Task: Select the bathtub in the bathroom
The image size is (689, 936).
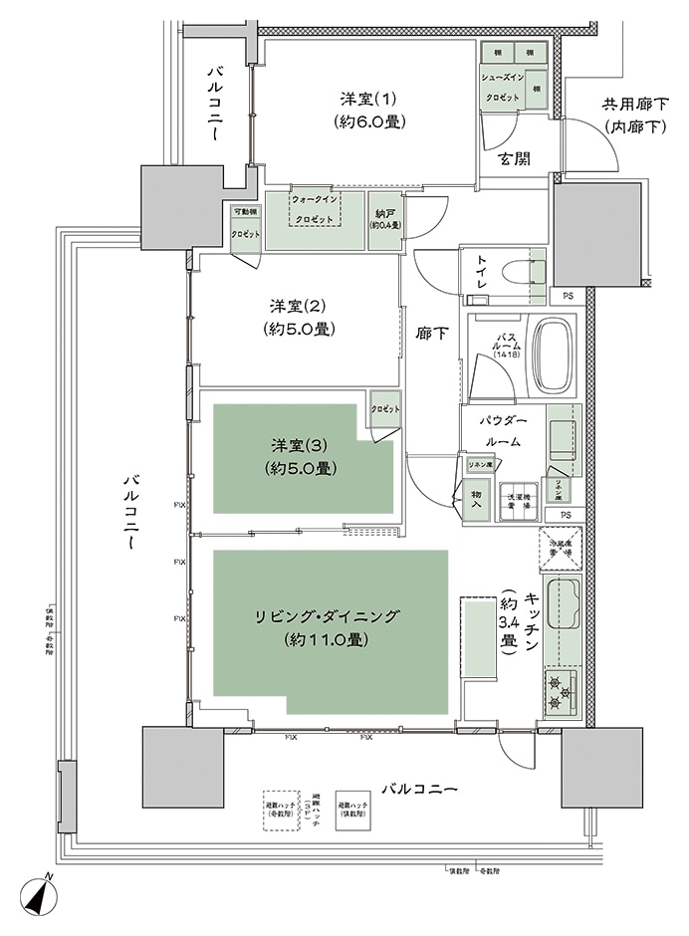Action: (x=553, y=355)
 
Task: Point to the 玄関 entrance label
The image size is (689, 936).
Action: (x=514, y=158)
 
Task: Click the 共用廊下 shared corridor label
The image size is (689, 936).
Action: (x=635, y=103)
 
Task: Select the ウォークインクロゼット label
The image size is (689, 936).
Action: (x=317, y=209)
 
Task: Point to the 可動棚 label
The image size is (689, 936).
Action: (x=245, y=211)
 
